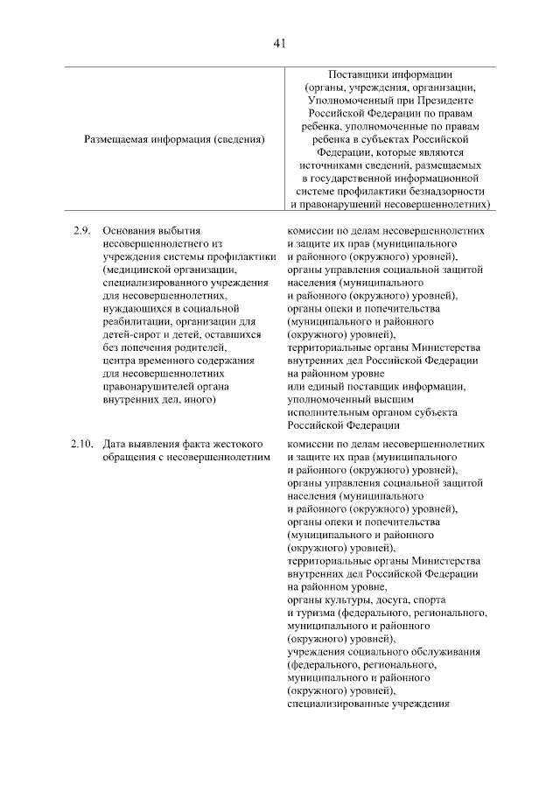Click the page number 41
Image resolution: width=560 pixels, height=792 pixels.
280,43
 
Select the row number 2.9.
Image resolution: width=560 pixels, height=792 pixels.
82,230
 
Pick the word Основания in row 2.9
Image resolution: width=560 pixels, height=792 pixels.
129,230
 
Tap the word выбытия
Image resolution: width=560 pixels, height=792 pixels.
184,230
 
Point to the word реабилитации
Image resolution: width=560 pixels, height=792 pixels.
136,321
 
